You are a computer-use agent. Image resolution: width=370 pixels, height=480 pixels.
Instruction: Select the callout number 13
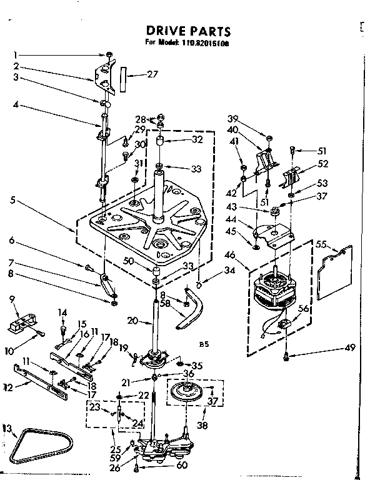7,427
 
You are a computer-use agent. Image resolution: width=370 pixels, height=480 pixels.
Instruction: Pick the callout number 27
152,74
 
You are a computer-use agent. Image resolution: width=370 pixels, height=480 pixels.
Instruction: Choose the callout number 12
7,387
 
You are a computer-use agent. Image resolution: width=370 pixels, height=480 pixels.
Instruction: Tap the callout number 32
197,140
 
